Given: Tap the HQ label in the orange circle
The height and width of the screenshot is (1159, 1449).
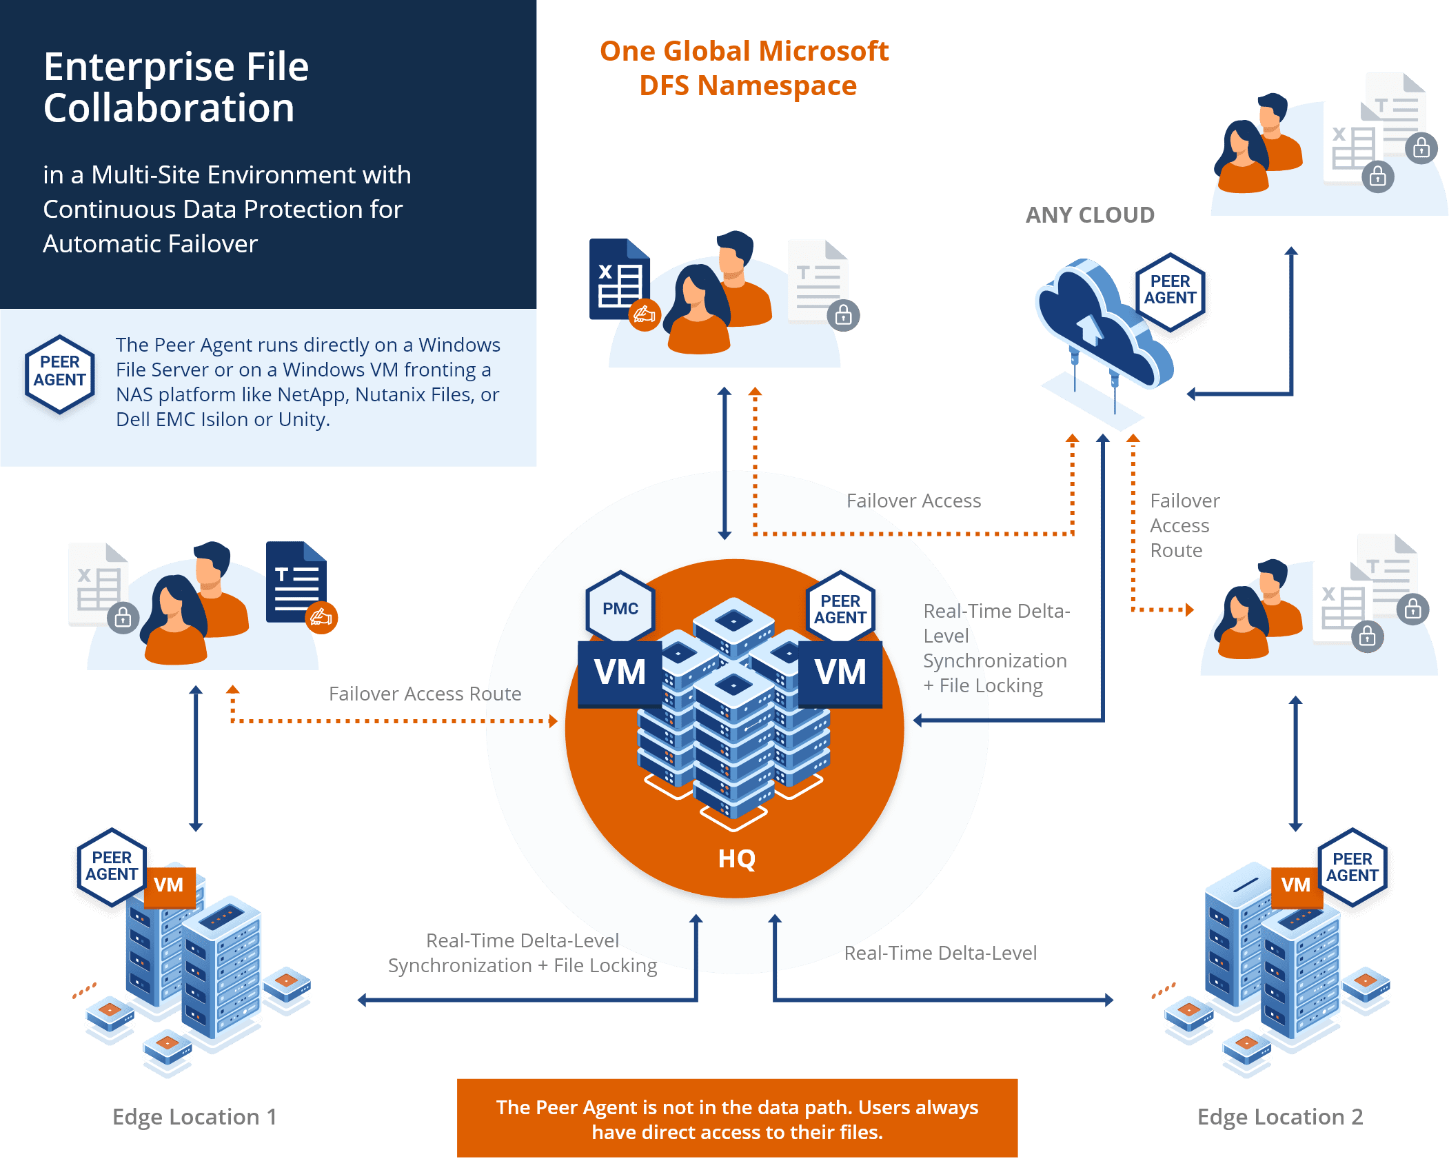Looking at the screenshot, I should pos(736,859).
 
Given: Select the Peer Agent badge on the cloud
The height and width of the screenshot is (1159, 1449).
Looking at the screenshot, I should pos(1170,290).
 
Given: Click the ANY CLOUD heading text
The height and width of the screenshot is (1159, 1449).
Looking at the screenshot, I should pos(1090,215).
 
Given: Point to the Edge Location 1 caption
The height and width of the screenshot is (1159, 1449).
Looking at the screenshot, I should pos(194,1116).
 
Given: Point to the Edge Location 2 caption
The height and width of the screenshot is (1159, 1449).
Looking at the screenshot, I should pos(1279,1116).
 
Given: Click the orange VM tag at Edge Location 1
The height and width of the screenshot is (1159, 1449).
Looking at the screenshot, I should pos(169,885).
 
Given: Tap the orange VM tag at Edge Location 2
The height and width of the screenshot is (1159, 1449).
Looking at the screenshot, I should pos(1295,885).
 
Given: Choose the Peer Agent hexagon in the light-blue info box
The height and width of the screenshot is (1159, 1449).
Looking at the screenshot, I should pos(60,372).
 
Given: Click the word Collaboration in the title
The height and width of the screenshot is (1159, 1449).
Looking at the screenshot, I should pos(169,108).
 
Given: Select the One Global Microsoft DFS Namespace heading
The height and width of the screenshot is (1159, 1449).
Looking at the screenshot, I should pos(745,68).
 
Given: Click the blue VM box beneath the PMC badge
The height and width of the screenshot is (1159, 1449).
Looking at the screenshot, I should pos(620,672).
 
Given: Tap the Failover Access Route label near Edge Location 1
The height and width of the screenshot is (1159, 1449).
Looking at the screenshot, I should pos(425,694).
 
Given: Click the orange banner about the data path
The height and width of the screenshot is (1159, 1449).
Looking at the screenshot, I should pos(737,1119).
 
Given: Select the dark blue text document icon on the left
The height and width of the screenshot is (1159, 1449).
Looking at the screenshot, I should pos(296,582).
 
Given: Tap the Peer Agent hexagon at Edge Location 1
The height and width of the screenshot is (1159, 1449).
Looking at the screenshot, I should pos(112,866).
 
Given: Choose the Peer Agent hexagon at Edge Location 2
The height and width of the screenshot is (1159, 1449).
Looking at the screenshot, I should pos(1352,867).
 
